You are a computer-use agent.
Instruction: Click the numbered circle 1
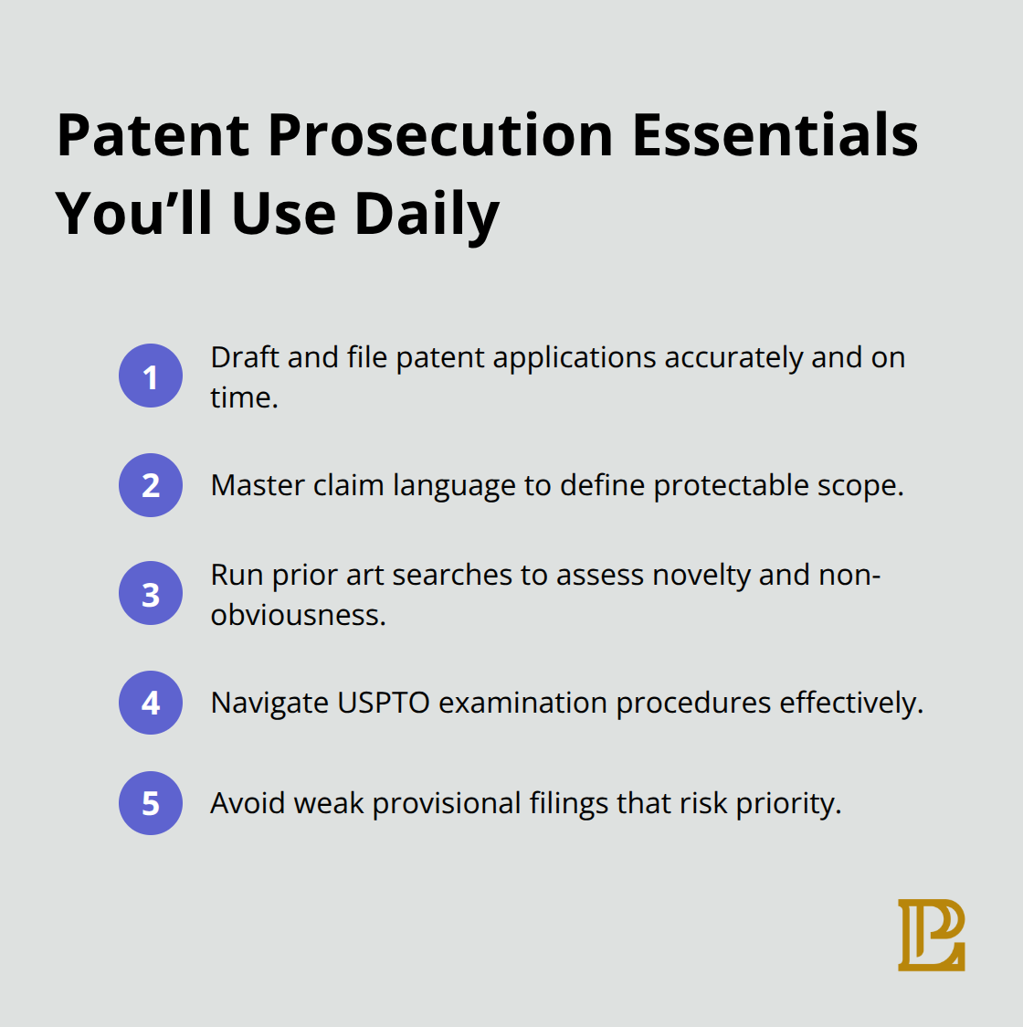(x=151, y=376)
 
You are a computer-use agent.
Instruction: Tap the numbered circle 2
(x=151, y=485)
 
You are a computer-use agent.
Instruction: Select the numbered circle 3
(x=151, y=594)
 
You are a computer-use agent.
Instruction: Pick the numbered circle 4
(x=151, y=703)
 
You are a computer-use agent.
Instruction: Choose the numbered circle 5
(x=151, y=803)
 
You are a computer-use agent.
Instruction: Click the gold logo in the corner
(x=931, y=935)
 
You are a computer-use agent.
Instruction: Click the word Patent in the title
(x=153, y=135)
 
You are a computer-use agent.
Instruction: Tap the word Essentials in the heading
(x=775, y=135)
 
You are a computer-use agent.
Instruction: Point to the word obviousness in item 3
(x=298, y=615)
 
